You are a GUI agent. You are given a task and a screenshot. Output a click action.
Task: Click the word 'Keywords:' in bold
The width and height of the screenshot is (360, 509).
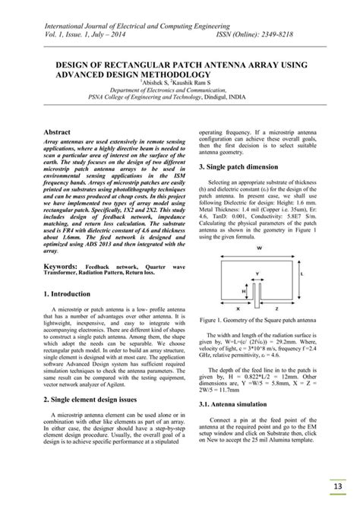tap(63, 267)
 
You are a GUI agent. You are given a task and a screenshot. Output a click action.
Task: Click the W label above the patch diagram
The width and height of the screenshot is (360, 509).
tap(260, 248)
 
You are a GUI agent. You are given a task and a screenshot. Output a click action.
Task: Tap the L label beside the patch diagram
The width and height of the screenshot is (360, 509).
tap(303, 273)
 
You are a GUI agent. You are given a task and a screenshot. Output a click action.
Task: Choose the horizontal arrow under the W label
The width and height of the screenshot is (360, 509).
tap(260, 256)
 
